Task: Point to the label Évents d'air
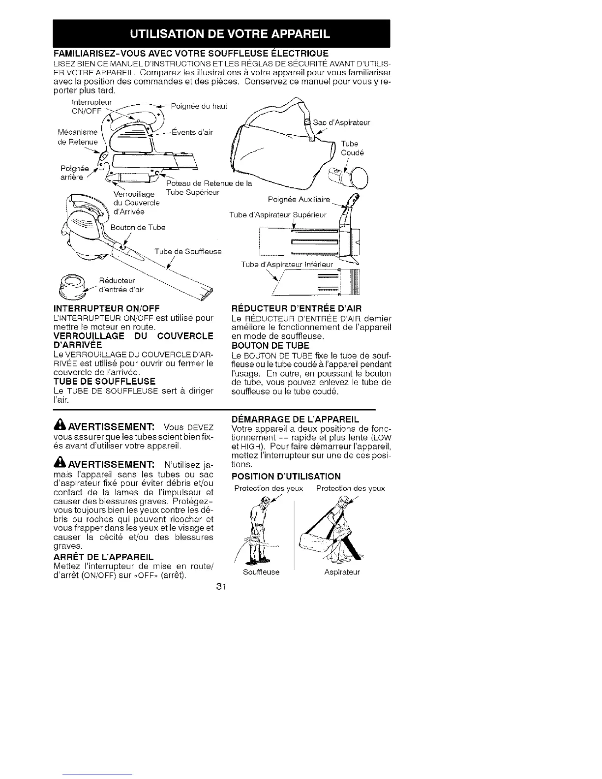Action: [192, 132]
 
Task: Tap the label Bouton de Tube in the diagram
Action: [138, 227]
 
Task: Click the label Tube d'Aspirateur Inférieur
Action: [287, 265]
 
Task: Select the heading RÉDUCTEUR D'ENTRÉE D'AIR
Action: [296, 308]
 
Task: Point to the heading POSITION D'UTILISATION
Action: [286, 476]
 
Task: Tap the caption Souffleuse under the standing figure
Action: [262, 572]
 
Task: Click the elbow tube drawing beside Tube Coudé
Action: [355, 177]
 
